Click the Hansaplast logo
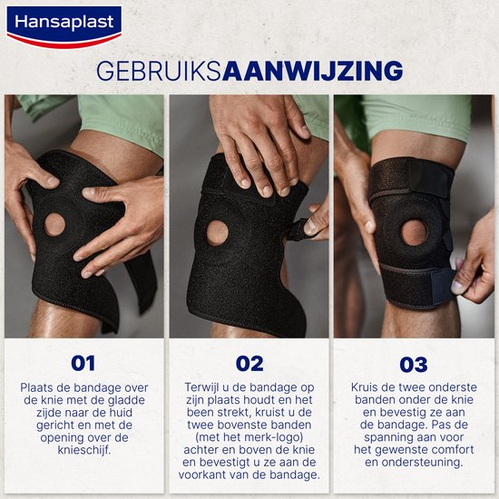pyautogui.click(x=64, y=26)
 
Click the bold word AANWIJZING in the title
pyautogui.click(x=313, y=71)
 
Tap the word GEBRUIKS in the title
pyautogui.click(x=159, y=71)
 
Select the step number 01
pyautogui.click(x=83, y=364)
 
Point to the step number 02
pyautogui.click(x=249, y=364)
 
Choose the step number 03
pyautogui.click(x=414, y=365)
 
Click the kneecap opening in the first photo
pyautogui.click(x=54, y=225)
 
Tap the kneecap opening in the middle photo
pyautogui.click(x=218, y=233)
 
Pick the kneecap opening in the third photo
pyautogui.click(x=414, y=232)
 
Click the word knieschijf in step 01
pyautogui.click(x=84, y=450)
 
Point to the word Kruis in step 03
pyautogui.click(x=364, y=387)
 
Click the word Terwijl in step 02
pyautogui.click(x=201, y=387)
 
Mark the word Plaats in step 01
pyautogui.click(x=34, y=387)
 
